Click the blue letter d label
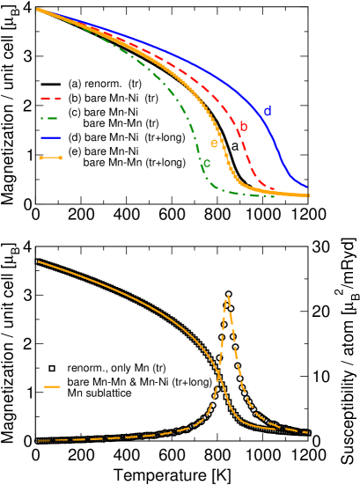(267, 112)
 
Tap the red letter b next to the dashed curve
(244, 128)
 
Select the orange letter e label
(213, 143)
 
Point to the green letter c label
(207, 164)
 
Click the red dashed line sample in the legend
(50, 99)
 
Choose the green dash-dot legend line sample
(50, 119)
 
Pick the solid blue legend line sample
(50, 138)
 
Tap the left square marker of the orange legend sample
(40, 158)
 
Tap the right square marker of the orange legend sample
(60, 158)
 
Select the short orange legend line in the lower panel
(52, 386)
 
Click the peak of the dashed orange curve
(228, 297)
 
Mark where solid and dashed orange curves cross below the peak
(218, 376)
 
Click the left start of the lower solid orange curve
(38, 261)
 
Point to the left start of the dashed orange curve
(38, 440)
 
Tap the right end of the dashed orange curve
(307, 432)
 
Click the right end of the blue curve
(307, 187)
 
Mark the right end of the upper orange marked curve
(308, 195)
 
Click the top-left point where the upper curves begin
(37, 9)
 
